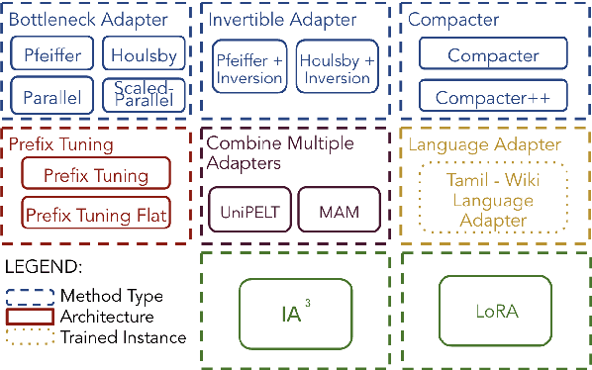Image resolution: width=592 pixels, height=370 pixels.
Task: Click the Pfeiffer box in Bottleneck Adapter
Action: click(53, 56)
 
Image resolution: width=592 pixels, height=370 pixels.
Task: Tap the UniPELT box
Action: click(246, 212)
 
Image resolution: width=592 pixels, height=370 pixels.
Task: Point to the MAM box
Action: click(338, 212)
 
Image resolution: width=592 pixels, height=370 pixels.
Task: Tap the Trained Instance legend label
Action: click(123, 337)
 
